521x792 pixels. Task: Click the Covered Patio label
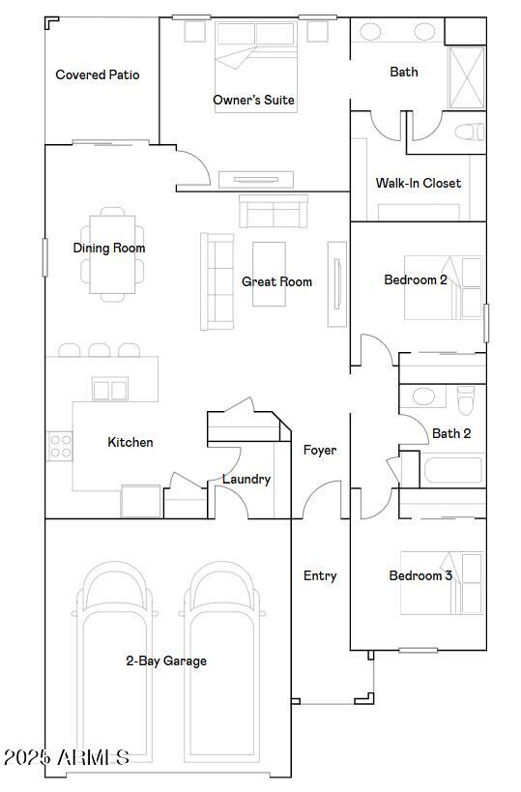coord(98,74)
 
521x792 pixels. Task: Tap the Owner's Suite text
coord(253,100)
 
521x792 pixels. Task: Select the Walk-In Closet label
coord(418,183)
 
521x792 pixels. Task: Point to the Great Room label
coord(276,281)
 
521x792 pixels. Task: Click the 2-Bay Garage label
coord(166,660)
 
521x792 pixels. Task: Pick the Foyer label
coord(320,450)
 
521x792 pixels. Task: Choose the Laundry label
coord(246,479)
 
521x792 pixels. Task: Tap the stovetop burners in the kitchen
coord(61,447)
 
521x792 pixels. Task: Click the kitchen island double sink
coord(110,390)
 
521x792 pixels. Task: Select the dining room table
coord(112,254)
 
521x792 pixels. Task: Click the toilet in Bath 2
coord(466,399)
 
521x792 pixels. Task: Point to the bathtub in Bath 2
coord(452,470)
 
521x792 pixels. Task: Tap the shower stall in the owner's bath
coord(467,77)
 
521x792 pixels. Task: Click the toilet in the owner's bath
coord(470,132)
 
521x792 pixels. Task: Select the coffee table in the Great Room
coord(269,274)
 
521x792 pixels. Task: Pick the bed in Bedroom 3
coord(441,583)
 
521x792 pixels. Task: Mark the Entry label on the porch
coord(320,575)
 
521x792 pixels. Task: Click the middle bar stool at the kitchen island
coord(100,350)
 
